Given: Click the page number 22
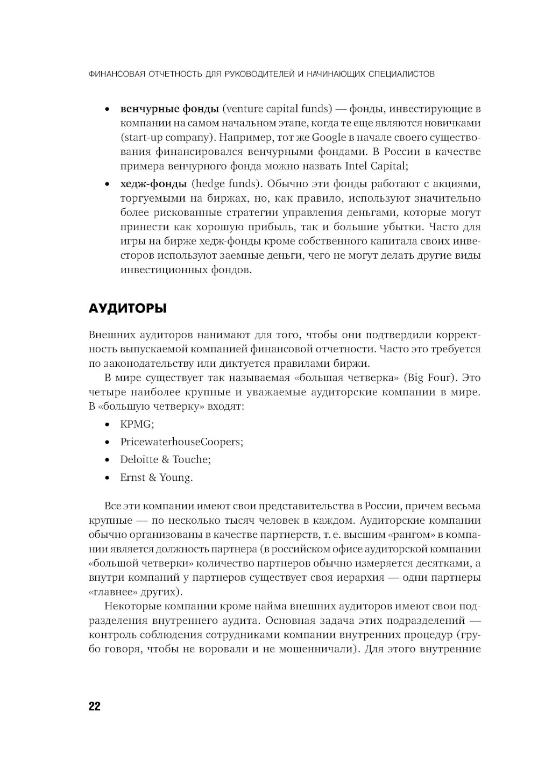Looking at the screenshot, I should tap(94, 706).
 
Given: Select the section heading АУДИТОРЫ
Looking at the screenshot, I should tap(127, 309).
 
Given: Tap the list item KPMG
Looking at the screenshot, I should tap(137, 424).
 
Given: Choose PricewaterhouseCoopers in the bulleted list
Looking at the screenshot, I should tap(181, 442).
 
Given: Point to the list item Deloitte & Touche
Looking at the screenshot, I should tap(165, 460).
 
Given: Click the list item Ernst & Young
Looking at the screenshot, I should tap(156, 478).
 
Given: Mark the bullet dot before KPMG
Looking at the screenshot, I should tap(108, 425).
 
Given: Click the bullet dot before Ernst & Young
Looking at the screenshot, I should tap(108, 478).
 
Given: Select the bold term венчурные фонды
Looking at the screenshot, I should tap(169, 109).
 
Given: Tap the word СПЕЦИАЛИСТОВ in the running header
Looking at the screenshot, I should tap(402, 74).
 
